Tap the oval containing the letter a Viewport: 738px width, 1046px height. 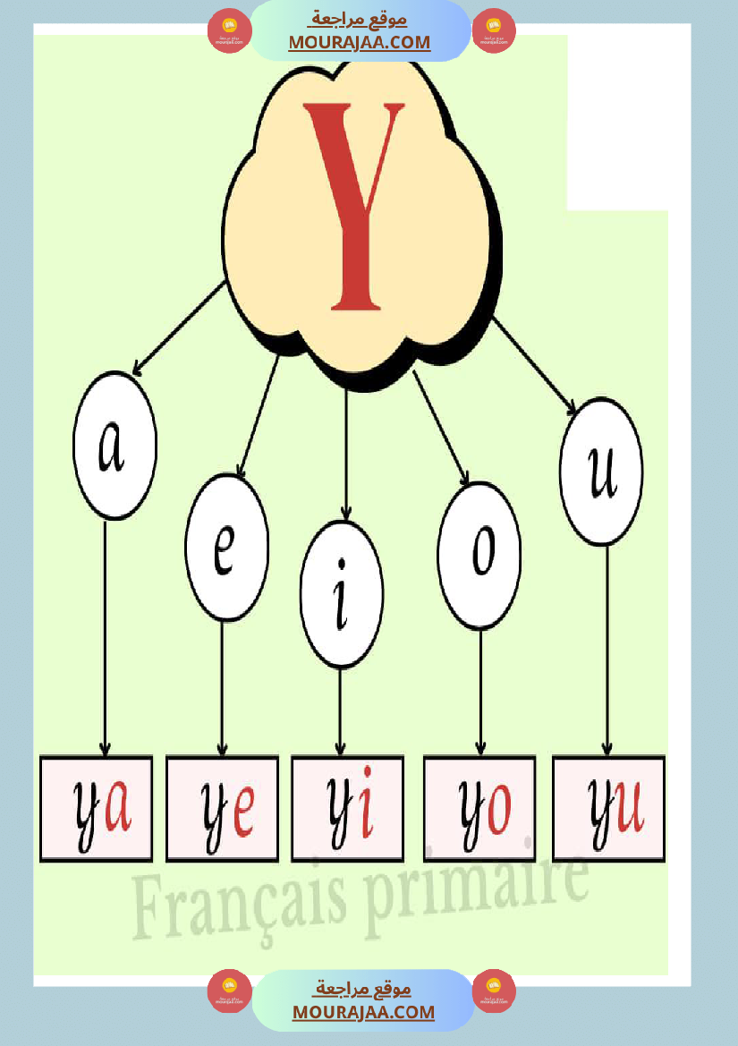[115, 446]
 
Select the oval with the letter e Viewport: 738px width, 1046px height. [226, 548]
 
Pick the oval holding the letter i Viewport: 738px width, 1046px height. [342, 594]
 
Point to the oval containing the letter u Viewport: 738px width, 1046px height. [601, 472]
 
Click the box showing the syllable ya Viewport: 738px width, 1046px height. [96, 809]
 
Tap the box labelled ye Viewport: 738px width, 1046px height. [222, 809]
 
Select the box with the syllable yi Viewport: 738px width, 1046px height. [347, 809]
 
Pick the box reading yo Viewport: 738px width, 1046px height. [479, 809]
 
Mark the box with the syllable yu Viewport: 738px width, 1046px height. [608, 809]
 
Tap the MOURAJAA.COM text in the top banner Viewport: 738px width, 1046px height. [360, 42]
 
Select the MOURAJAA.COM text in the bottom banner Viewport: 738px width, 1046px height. [363, 1012]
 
